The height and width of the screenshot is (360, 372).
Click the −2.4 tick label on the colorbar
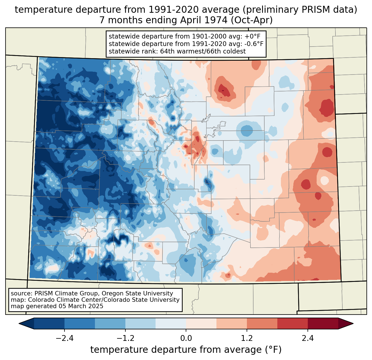point(64,338)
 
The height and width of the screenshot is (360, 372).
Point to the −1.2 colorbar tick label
point(125,338)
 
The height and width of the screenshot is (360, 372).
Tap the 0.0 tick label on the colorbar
point(186,338)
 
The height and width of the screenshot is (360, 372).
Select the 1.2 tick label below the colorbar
point(247,338)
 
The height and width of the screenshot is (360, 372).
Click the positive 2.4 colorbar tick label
point(308,338)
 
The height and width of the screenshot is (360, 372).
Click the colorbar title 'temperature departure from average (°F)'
point(186,350)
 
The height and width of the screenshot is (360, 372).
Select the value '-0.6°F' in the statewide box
point(253,44)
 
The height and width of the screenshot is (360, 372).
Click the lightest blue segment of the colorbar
point(171,323)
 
